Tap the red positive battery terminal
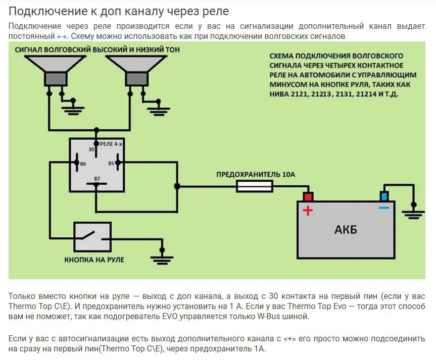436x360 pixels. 308,196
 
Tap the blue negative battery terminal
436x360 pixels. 384,196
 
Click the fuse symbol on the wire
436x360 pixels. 255,186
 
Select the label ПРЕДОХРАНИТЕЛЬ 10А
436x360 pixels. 255,174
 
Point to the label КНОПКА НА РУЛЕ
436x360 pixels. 94,260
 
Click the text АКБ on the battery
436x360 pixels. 346,230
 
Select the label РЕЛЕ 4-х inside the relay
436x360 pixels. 111,144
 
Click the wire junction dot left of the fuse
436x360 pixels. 177,186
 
